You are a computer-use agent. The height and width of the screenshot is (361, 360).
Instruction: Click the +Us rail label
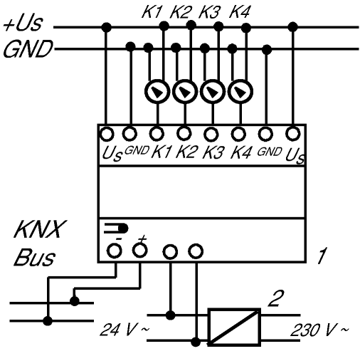[x=23, y=23]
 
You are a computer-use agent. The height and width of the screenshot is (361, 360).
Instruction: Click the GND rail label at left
[x=28, y=49]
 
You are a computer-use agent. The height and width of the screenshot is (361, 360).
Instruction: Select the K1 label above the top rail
[x=152, y=12]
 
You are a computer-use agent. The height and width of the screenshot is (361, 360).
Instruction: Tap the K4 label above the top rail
[x=240, y=12]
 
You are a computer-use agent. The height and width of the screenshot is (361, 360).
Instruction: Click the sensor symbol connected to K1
[x=157, y=92]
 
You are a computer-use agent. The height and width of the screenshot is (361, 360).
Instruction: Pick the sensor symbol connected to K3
[x=213, y=92]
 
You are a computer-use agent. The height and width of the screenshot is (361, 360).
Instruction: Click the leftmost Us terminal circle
[x=107, y=134]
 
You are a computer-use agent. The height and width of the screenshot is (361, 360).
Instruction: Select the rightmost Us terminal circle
[x=293, y=134]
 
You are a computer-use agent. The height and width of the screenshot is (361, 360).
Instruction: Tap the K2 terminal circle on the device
[x=184, y=133]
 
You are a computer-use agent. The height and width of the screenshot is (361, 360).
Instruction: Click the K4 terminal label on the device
[x=240, y=152]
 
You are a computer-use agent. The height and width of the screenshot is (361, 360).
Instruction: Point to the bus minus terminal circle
[x=115, y=251]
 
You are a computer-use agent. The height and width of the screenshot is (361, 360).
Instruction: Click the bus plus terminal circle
[x=140, y=250]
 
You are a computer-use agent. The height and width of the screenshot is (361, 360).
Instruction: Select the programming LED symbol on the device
[x=116, y=229]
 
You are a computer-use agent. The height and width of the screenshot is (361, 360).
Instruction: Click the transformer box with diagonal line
[x=234, y=327]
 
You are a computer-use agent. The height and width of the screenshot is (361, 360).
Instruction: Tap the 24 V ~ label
[x=125, y=330]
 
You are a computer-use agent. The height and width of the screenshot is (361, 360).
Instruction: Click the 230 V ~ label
[x=319, y=330]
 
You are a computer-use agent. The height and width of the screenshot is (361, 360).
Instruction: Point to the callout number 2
[x=276, y=298]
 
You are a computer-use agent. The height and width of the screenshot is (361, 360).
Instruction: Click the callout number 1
[x=322, y=256]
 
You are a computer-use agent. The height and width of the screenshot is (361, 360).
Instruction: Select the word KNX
[x=40, y=229]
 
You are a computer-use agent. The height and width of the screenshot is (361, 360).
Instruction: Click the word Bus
[x=35, y=257]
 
